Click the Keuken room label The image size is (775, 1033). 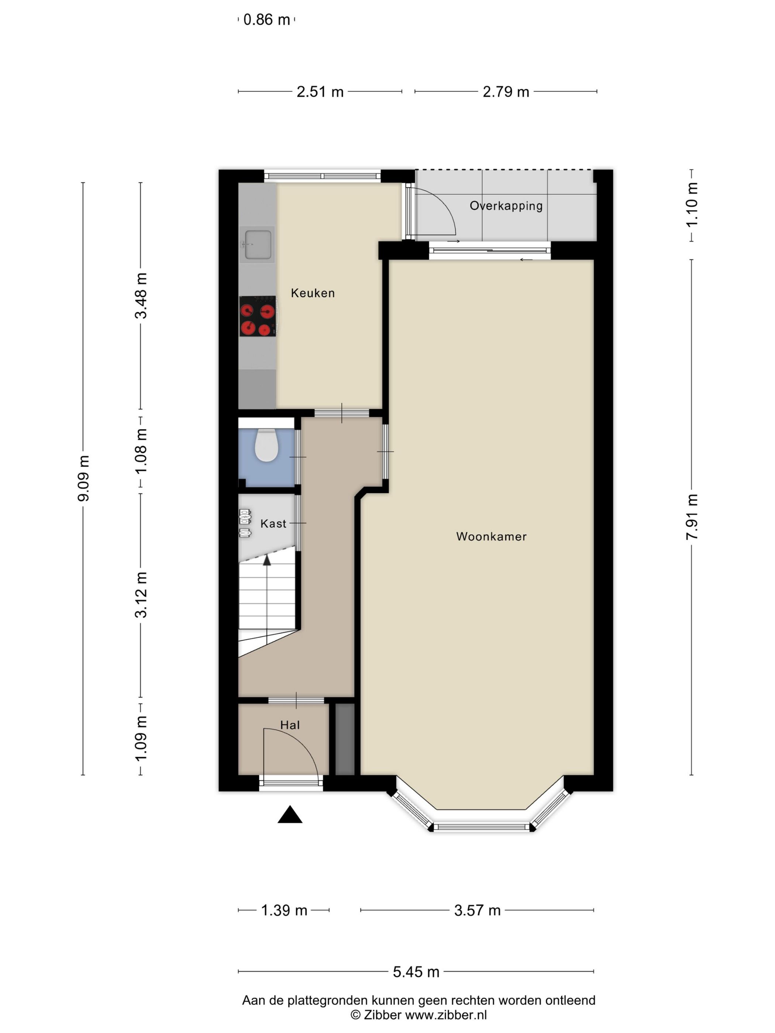[x=313, y=293]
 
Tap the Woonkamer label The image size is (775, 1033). [x=491, y=536]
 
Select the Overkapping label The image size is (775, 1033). [x=506, y=206]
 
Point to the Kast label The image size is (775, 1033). [x=273, y=524]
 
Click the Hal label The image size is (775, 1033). [x=290, y=725]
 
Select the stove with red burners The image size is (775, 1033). [x=257, y=316]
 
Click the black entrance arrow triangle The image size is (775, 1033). [x=290, y=815]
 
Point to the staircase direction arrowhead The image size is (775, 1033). [x=267, y=560]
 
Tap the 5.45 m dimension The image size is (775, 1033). [x=416, y=972]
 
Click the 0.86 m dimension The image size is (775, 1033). [x=267, y=20]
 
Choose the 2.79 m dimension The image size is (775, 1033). [x=506, y=91]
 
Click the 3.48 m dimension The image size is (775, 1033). [x=141, y=296]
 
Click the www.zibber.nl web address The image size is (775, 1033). [x=446, y=1015]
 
